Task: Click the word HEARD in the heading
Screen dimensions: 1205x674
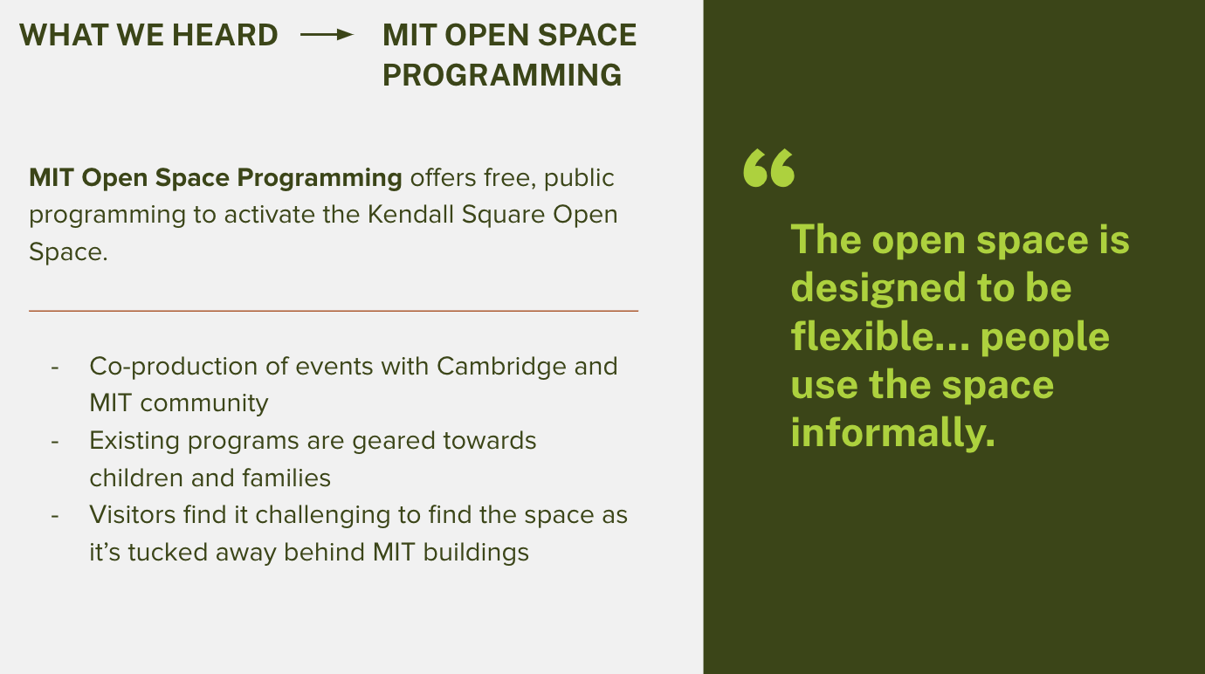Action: click(225, 35)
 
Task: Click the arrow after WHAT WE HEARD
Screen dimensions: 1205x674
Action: click(327, 35)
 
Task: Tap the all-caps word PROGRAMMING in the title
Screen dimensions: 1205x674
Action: click(502, 75)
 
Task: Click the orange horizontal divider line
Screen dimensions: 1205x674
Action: click(334, 311)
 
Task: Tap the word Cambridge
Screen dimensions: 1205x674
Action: click(501, 367)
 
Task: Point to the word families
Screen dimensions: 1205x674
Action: click(286, 478)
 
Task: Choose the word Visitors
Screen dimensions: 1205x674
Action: click(133, 515)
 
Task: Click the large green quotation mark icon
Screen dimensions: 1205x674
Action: click(768, 168)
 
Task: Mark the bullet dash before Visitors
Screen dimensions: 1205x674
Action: click(55, 516)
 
